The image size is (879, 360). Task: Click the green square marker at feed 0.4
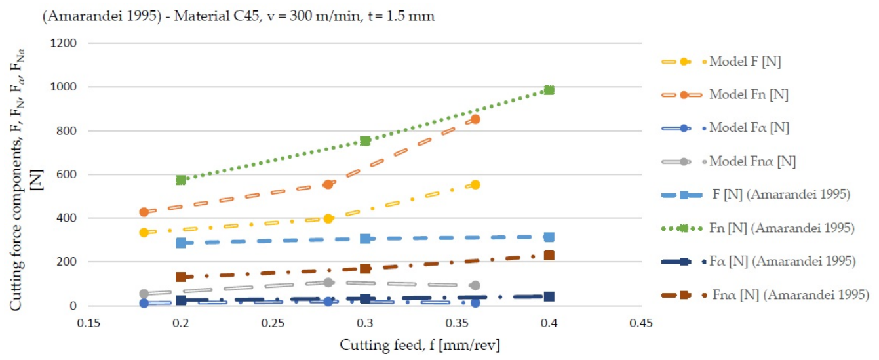click(549, 90)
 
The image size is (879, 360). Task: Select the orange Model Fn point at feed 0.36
click(475, 119)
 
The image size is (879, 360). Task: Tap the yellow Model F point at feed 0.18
click(144, 232)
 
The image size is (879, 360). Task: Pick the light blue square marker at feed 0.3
click(365, 238)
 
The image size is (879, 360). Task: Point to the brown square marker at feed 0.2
click(180, 277)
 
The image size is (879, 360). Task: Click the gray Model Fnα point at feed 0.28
click(328, 282)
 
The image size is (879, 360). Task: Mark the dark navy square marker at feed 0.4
click(549, 296)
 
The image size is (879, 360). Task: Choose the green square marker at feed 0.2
click(180, 180)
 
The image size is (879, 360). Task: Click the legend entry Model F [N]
click(745, 62)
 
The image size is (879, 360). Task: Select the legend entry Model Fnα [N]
click(752, 161)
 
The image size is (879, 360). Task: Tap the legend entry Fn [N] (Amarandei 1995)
click(782, 228)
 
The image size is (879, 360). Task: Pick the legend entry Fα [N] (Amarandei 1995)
click(783, 261)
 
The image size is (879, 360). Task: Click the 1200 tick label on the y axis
click(63, 43)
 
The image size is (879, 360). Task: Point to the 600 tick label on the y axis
click(66, 174)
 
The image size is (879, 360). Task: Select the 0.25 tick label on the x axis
click(273, 323)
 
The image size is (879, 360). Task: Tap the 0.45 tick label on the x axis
click(641, 323)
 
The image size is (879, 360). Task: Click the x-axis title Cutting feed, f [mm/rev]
click(420, 345)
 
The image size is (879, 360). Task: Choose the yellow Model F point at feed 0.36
click(475, 184)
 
